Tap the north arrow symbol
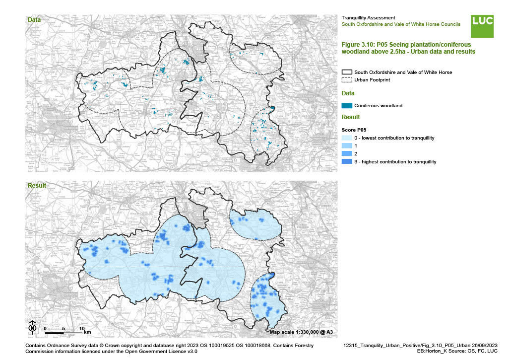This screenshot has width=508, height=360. coord(32,327)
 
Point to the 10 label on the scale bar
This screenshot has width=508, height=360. coord(81,328)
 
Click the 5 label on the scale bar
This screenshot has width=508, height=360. coord(63,328)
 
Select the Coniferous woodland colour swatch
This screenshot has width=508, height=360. coord(347,105)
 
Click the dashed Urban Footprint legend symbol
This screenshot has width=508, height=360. coord(347,80)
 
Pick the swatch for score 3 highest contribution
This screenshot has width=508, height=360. coord(347,162)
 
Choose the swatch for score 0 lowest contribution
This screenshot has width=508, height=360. coord(347,138)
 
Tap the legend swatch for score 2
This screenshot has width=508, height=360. coord(347,154)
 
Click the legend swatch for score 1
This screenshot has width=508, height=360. coord(347,146)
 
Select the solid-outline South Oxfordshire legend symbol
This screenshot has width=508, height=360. coord(347,72)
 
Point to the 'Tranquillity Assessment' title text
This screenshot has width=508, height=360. coord(368,18)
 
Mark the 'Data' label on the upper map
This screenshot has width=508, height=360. coord(34,20)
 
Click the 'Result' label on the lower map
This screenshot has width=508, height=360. coord(37,186)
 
